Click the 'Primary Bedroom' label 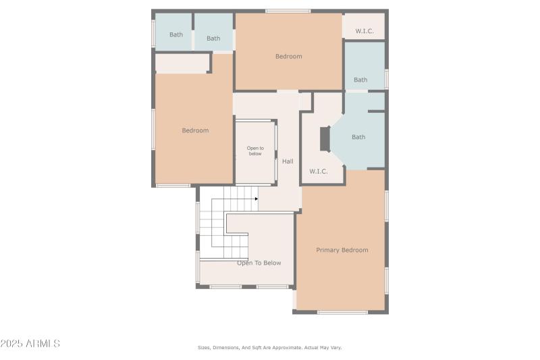click(342, 250)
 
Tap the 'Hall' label click(288, 161)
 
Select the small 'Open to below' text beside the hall click(255, 151)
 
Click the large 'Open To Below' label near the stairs click(259, 263)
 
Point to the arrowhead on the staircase click(256, 199)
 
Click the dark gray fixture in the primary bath click(325, 138)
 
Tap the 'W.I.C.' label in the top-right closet click(365, 30)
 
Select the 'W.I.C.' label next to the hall click(319, 171)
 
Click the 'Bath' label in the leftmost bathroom click(176, 34)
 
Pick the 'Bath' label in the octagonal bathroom click(358, 137)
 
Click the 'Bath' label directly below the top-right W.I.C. click(360, 80)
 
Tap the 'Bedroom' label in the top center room click(289, 56)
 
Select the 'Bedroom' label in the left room click(195, 130)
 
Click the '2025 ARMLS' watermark click(30, 344)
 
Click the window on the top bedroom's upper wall click(288, 11)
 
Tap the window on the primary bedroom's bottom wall click(342, 312)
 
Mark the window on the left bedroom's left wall click(153, 128)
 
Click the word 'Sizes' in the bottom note click(203, 347)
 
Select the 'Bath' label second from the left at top click(213, 38)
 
